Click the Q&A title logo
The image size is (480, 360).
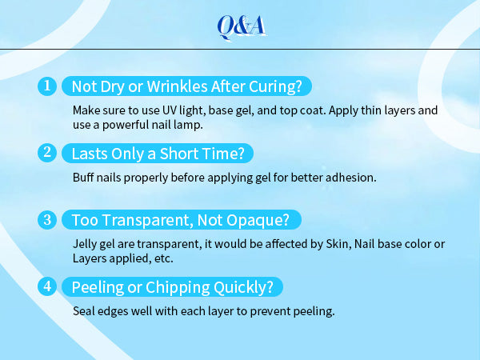click(242, 27)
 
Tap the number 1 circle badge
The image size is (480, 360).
click(47, 86)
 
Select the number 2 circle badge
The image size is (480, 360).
click(47, 153)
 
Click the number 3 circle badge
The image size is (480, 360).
click(47, 219)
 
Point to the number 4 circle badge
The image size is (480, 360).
click(47, 286)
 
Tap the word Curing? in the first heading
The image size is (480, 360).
click(275, 86)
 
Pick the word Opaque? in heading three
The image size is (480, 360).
click(243, 220)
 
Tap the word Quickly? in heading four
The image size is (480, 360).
click(243, 287)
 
